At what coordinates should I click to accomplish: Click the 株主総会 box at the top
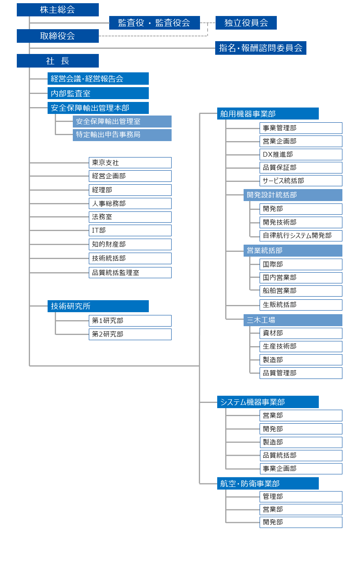point(58,10)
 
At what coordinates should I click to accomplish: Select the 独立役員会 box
point(246,23)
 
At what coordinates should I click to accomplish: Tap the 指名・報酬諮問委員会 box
point(260,48)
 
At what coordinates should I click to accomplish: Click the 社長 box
point(58,61)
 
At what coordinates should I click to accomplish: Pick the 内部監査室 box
point(98,93)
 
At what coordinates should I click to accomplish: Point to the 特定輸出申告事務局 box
point(122,135)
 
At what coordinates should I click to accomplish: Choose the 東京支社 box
point(130,163)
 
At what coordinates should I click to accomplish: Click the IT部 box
point(130,230)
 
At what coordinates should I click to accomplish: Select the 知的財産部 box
point(130,245)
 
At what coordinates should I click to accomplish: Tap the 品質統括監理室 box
point(130,273)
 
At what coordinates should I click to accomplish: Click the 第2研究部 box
point(130,335)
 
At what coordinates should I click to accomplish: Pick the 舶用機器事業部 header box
point(268,114)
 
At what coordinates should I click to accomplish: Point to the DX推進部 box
point(301,155)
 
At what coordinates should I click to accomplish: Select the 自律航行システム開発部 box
point(301,236)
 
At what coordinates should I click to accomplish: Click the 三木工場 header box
point(293,320)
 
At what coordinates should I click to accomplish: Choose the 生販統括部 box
point(301,305)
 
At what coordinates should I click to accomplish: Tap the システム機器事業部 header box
point(268,402)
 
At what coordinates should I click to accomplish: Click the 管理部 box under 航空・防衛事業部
point(301,496)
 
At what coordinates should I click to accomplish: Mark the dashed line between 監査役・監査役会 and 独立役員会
point(208,23)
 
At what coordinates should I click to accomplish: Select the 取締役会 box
point(58,36)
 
